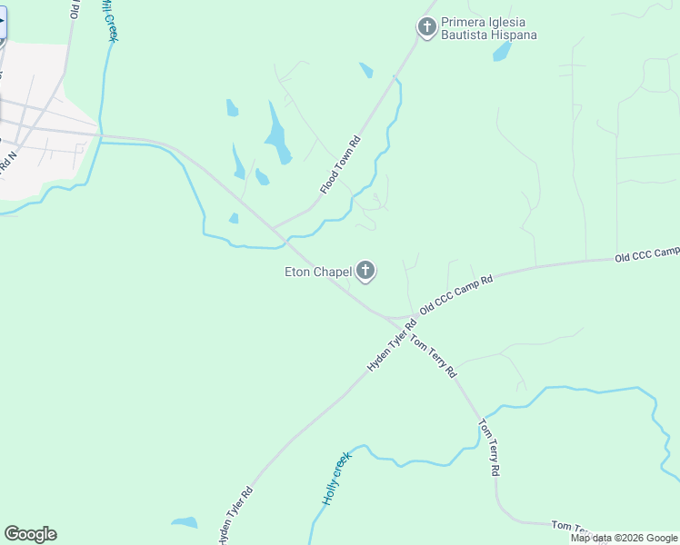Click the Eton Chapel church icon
click(365, 271)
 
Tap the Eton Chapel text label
click(318, 272)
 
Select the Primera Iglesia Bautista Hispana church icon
click(427, 28)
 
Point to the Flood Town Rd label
click(341, 165)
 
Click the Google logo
click(30, 534)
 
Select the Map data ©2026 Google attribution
click(624, 538)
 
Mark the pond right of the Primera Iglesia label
click(502, 51)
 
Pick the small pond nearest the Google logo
click(184, 522)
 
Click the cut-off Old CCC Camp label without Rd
click(646, 253)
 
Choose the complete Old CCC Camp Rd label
click(455, 297)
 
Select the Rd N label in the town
click(8, 163)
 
